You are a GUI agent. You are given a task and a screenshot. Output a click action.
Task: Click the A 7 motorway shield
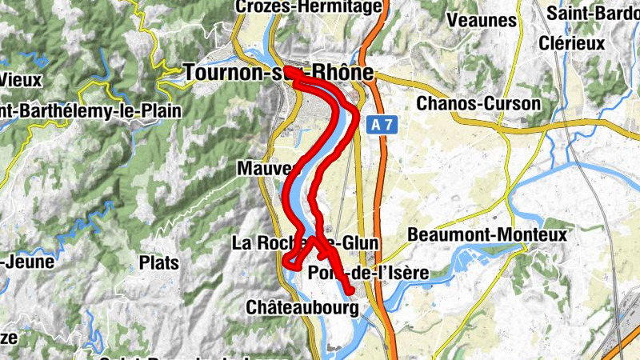click(382, 126)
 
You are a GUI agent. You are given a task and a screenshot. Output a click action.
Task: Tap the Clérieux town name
click(571, 43)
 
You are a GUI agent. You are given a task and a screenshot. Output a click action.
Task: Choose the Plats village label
click(158, 262)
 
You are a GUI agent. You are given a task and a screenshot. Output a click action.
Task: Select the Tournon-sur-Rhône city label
click(278, 73)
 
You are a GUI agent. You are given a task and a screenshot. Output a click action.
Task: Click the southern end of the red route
click(350, 290)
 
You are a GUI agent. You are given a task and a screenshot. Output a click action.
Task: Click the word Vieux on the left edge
click(19, 79)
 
